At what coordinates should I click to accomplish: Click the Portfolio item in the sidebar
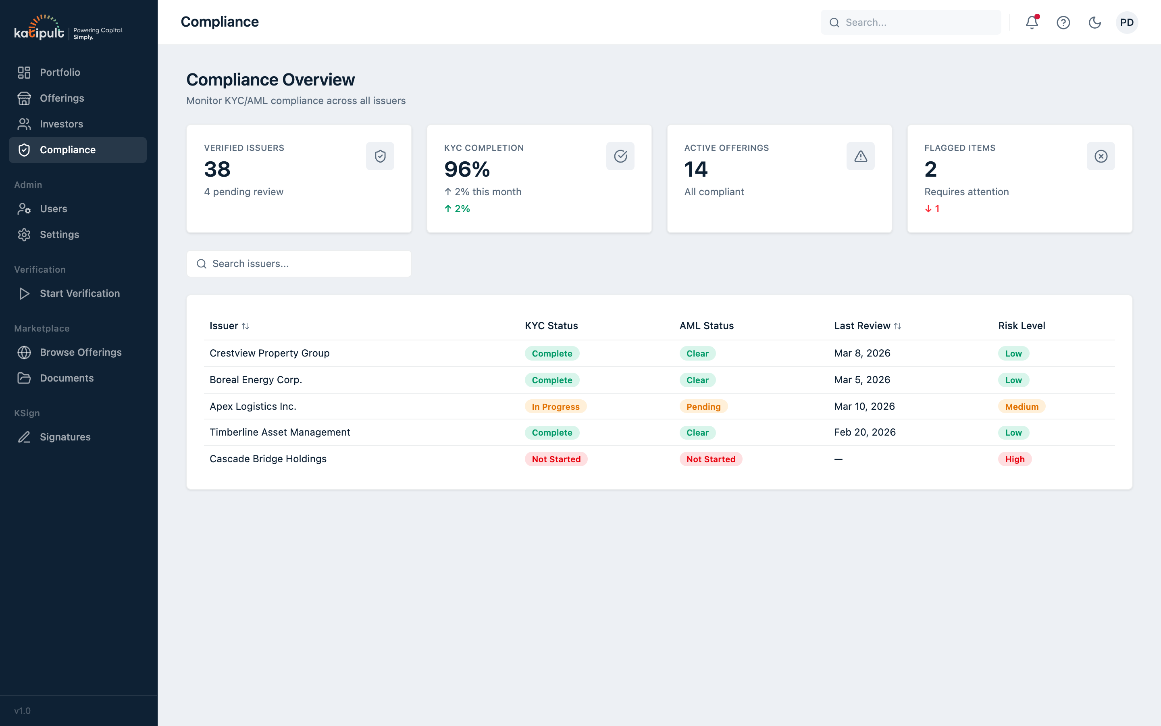pyautogui.click(x=60, y=73)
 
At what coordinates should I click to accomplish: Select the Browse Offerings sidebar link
pyautogui.click(x=80, y=353)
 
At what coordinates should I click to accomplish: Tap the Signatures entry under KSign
pyautogui.click(x=65, y=437)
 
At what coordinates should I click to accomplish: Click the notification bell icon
pyautogui.click(x=1032, y=23)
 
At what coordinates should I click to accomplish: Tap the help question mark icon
pyautogui.click(x=1063, y=23)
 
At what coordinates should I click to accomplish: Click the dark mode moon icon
pyautogui.click(x=1094, y=23)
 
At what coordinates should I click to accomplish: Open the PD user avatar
pyautogui.click(x=1126, y=23)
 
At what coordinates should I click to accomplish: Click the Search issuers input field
pyautogui.click(x=298, y=264)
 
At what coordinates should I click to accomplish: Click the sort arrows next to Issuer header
pyautogui.click(x=245, y=326)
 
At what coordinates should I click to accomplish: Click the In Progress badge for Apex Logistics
pyautogui.click(x=555, y=407)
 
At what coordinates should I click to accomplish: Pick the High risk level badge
pyautogui.click(x=1014, y=459)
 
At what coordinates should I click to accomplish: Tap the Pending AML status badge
pyautogui.click(x=703, y=407)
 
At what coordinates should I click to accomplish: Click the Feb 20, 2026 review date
pyautogui.click(x=865, y=432)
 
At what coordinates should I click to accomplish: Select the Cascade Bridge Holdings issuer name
pyautogui.click(x=268, y=459)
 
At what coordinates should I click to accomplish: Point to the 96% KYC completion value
pyautogui.click(x=467, y=169)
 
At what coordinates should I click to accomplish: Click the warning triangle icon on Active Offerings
pyautogui.click(x=860, y=156)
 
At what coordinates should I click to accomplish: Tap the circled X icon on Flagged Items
pyautogui.click(x=1101, y=156)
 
